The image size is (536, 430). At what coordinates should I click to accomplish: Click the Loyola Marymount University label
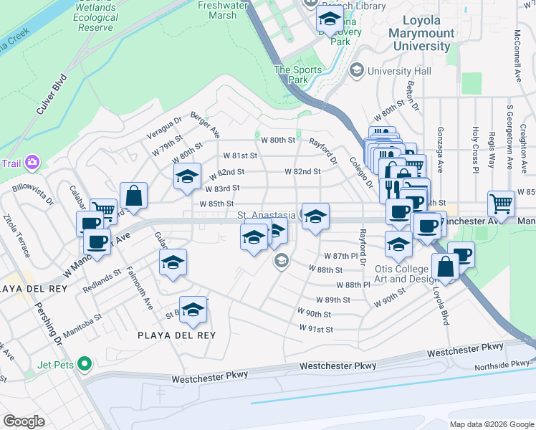(x=421, y=34)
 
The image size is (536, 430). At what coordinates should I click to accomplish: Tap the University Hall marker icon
(x=357, y=72)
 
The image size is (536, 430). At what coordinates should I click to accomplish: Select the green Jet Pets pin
(x=85, y=364)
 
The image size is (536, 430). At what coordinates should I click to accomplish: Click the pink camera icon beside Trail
(x=32, y=163)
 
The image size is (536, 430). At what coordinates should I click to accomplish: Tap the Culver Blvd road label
(x=50, y=96)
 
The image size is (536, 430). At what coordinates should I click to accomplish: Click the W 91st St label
(x=316, y=329)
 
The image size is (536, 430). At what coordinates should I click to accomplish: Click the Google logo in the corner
(x=24, y=421)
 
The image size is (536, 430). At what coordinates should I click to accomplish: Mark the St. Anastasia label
(x=267, y=215)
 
